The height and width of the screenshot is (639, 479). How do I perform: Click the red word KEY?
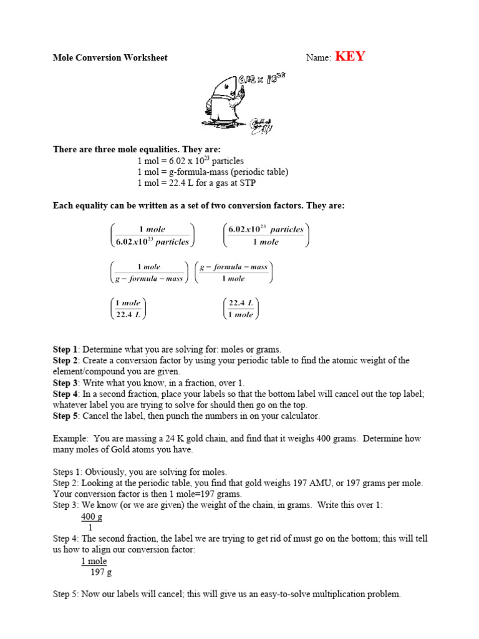point(350,57)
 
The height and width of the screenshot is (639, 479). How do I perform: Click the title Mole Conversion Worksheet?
point(110,58)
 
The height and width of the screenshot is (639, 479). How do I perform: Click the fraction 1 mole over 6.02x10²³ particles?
point(152,235)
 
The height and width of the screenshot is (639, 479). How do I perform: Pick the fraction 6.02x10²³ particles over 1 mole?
point(266,235)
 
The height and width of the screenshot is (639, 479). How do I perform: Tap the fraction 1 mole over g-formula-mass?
point(148,273)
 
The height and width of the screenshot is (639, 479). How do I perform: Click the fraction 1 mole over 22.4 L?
point(128,308)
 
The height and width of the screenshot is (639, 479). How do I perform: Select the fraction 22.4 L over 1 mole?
point(241,308)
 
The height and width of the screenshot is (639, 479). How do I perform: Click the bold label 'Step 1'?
point(65,349)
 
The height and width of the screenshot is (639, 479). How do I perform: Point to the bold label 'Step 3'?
point(65,383)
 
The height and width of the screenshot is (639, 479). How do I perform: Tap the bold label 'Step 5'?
point(65,416)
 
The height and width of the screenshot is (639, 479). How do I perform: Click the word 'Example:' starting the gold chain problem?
point(70,439)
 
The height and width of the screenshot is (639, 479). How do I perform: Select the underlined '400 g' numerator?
point(92,517)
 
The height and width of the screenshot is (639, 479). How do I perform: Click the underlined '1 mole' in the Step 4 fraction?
point(94,561)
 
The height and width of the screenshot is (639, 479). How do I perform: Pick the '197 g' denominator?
point(101,572)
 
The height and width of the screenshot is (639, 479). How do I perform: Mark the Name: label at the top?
point(318,58)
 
